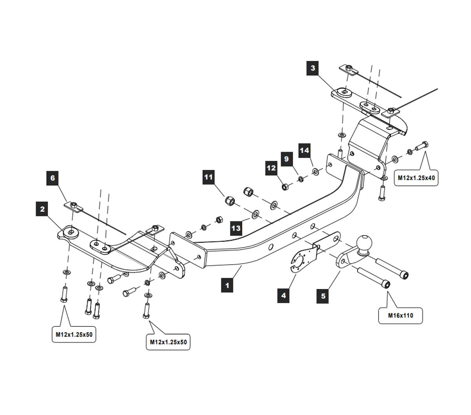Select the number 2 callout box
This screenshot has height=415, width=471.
click(42, 209)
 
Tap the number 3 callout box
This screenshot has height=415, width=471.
click(313, 68)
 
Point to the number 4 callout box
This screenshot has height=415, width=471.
click(283, 295)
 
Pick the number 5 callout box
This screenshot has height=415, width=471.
click(323, 296)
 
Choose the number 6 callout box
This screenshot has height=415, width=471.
click(53, 177)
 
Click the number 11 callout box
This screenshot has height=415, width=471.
click(208, 177)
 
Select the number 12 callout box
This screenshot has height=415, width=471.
click(271, 168)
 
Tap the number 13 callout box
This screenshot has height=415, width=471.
click(236, 228)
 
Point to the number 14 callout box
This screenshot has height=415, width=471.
click(305, 150)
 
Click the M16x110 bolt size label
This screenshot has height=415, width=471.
click(400, 315)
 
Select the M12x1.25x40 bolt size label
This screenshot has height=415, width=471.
click(416, 178)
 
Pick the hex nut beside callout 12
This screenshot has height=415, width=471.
click(285, 186)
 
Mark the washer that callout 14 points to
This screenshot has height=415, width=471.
click(316, 172)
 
